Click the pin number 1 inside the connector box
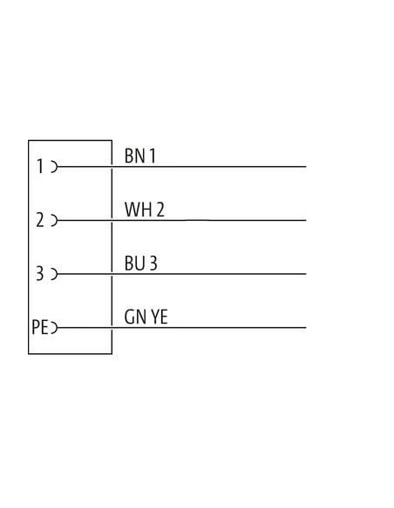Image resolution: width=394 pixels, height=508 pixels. [x=40, y=166]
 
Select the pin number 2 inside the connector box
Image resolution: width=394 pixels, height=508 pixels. [x=40, y=220]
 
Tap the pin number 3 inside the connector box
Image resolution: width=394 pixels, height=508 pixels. [x=39, y=273]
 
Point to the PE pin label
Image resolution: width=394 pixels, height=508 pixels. [x=40, y=327]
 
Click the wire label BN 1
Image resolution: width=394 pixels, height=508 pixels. [x=140, y=156]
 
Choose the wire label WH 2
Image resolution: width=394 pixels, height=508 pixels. [x=145, y=210]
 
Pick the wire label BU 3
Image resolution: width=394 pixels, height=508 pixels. [x=141, y=263]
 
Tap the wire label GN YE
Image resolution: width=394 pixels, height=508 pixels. [x=146, y=317]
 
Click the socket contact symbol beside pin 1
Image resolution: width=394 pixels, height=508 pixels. [x=55, y=166]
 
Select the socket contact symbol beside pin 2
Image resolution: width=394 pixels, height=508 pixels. [x=55, y=220]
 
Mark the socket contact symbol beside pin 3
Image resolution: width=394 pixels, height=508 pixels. [x=55, y=274]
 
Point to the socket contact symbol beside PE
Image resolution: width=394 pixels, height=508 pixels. [x=55, y=328]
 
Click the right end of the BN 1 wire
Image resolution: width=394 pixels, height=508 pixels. [x=306, y=166]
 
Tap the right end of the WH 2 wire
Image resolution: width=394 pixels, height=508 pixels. [x=306, y=220]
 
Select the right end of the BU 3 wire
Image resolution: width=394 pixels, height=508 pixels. [x=306, y=274]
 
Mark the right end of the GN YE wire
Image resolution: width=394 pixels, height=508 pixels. [x=306, y=328]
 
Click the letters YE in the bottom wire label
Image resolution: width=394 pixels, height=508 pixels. [x=160, y=317]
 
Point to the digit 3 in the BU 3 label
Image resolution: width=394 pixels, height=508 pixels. [x=153, y=263]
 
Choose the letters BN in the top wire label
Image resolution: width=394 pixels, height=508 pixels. [x=135, y=156]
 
